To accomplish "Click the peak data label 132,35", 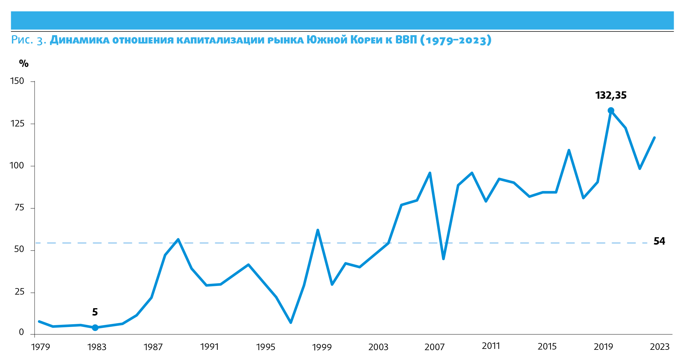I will point(611,95).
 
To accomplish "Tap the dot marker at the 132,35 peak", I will point(611,110).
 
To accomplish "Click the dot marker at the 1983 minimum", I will point(95,328).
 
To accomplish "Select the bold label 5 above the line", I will point(95,312).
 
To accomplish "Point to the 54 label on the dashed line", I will point(659,241).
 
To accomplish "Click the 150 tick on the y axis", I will point(17,81).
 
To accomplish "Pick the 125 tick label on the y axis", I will point(17,124).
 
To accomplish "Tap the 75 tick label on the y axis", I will point(19,208).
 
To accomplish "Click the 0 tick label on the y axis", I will point(21,332).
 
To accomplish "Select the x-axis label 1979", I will point(41,347).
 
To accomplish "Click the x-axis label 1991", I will point(209,347).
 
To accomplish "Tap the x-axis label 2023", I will point(660,347).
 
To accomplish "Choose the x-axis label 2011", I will point(491,346).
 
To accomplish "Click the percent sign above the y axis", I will point(24,64).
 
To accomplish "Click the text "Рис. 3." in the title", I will point(28,40).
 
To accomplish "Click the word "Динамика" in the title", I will point(80,40).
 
